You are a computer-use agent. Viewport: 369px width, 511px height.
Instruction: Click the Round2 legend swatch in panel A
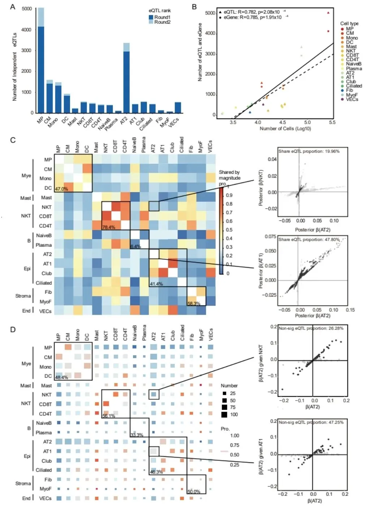click(x=151, y=22)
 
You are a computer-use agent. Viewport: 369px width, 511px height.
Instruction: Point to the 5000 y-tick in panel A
click(x=27, y=9)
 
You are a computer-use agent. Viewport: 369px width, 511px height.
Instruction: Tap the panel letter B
click(x=194, y=7)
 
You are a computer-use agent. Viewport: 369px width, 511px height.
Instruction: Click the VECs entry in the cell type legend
click(x=352, y=99)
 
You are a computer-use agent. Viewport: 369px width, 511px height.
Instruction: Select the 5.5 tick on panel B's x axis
click(x=332, y=122)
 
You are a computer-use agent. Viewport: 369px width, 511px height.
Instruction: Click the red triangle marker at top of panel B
click(x=328, y=13)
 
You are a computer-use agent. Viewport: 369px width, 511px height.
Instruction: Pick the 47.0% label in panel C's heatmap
click(x=61, y=189)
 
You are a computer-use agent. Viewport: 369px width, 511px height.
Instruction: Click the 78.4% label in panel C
click(x=108, y=227)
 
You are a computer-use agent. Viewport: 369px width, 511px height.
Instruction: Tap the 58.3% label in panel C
click(x=194, y=303)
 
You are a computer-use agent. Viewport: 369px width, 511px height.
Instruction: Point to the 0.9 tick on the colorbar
click(x=229, y=195)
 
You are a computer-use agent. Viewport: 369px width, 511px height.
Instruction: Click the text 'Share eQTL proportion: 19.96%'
click(x=309, y=151)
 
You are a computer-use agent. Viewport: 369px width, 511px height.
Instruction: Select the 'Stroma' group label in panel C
click(x=23, y=296)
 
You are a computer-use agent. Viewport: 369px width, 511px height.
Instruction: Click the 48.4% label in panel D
click(x=61, y=377)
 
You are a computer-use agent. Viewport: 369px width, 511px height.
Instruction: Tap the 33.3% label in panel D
click(x=137, y=435)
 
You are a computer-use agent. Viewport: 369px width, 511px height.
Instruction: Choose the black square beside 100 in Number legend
click(x=224, y=414)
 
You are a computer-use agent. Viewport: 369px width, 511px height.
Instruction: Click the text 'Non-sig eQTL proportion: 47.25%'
click(x=311, y=422)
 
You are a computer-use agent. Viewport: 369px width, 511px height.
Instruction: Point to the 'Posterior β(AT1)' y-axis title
click(x=261, y=270)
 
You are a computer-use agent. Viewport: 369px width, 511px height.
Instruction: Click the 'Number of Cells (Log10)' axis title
click(x=285, y=128)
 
